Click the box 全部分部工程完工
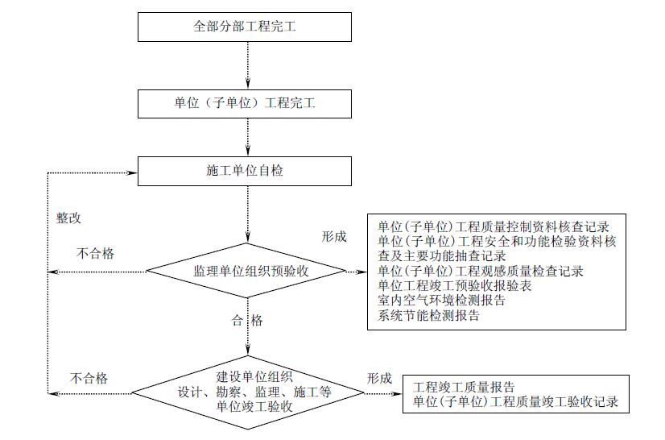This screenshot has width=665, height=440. point(246,27)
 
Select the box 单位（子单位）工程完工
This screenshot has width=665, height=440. point(246,104)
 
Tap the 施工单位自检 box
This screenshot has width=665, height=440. point(246,170)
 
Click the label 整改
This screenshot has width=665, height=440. point(68,218)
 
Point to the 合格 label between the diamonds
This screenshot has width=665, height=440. point(247,320)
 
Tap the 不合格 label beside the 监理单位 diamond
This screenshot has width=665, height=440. point(95,253)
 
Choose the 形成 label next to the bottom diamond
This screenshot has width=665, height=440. point(380,377)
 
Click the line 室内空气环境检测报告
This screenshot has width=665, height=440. point(441,301)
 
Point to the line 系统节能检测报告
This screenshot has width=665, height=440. point(428,315)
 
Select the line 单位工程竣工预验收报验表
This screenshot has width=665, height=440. point(454,285)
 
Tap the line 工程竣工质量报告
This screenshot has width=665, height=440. point(464,387)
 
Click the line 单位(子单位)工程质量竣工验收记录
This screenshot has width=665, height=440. point(515,401)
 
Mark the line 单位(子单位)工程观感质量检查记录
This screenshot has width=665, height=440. point(480,270)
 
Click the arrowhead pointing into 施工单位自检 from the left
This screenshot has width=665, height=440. point(132,171)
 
